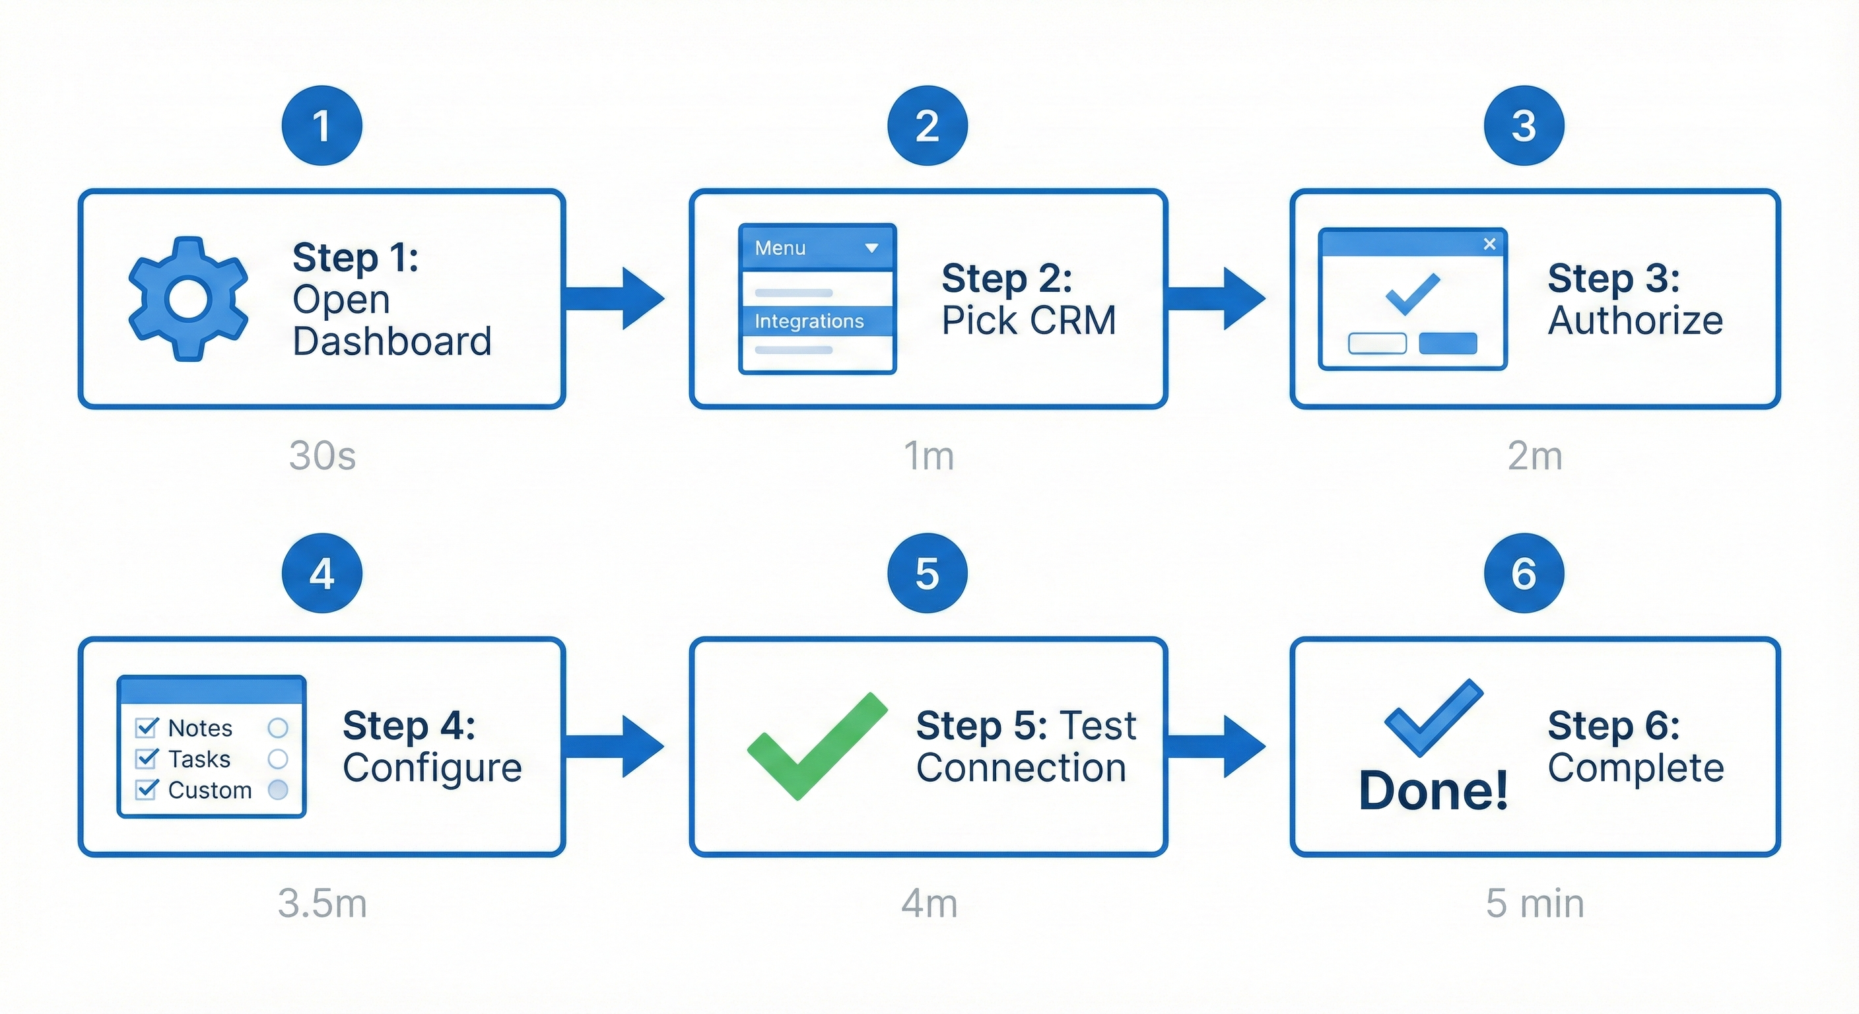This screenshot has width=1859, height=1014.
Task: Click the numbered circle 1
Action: [x=322, y=125]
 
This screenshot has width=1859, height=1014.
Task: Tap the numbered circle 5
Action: [x=928, y=573]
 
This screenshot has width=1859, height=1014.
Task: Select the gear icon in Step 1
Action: [x=188, y=299]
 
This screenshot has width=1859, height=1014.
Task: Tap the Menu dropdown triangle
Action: [x=872, y=248]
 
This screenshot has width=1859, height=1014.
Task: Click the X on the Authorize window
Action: [x=1489, y=244]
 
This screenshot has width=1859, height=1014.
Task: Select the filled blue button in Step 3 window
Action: [x=1448, y=343]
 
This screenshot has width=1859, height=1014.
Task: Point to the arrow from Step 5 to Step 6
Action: [x=1217, y=746]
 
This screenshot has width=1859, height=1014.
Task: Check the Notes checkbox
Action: [x=147, y=727]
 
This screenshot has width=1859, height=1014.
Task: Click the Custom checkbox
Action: [x=147, y=790]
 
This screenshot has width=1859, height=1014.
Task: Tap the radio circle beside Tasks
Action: [x=278, y=759]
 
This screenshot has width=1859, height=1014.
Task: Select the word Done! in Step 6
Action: [x=1433, y=791]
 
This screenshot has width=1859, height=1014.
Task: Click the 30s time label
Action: [x=322, y=456]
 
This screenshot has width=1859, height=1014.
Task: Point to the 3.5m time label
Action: [x=322, y=903]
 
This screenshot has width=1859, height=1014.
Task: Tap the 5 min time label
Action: [x=1534, y=903]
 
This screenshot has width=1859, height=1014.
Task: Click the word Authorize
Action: [x=1635, y=320]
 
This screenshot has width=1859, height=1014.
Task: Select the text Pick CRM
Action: [x=1029, y=320]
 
